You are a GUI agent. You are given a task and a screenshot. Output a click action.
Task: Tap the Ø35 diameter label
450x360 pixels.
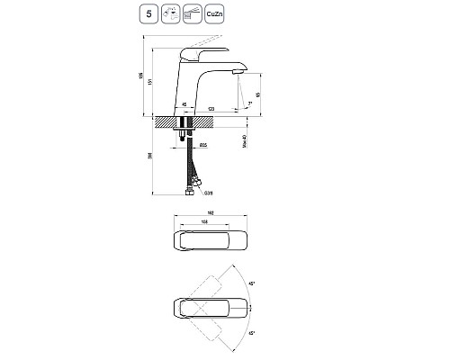tap(203, 144)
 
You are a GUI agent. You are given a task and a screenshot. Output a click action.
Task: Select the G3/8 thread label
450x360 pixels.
tap(207, 192)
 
